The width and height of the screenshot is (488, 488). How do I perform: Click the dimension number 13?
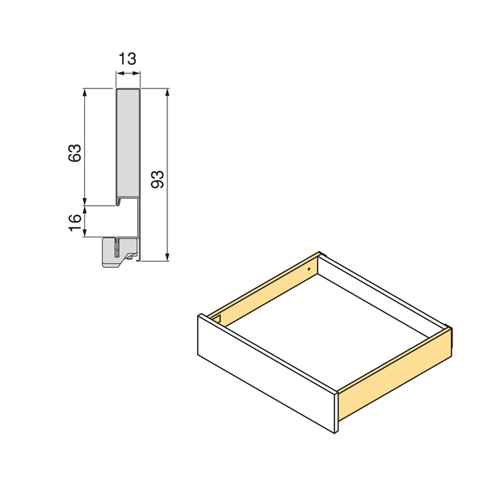127,59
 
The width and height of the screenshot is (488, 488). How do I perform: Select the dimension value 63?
75,153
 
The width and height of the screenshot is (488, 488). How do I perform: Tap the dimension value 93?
157,179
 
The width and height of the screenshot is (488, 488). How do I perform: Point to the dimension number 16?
75,222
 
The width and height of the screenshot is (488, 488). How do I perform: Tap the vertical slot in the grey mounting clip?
119,247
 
